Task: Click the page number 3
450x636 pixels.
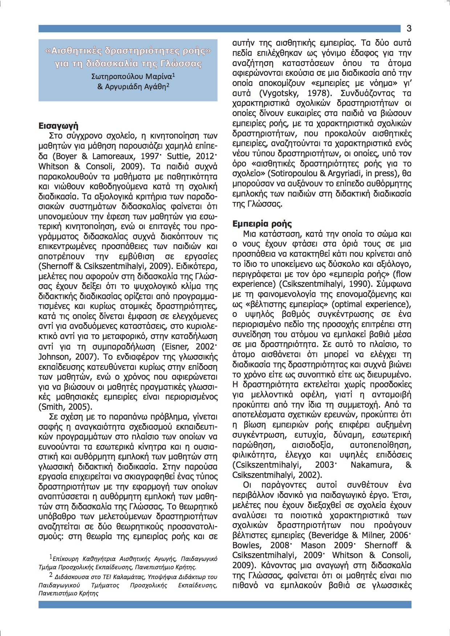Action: click(409, 29)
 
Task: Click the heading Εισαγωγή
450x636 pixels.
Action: click(58, 126)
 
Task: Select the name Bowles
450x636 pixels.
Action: click(246, 545)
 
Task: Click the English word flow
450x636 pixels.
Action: click(404, 274)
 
